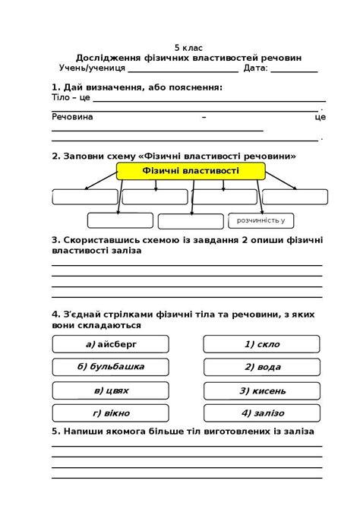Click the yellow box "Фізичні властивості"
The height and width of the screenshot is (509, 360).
190,171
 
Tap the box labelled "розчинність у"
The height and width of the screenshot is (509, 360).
261,220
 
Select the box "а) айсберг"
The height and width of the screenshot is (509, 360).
109,344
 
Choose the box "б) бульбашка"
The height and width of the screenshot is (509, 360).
109,367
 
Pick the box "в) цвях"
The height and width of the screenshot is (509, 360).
109,390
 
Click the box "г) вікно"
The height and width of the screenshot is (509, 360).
109,413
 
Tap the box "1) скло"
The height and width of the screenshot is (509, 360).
262,344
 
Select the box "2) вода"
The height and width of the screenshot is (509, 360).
262,367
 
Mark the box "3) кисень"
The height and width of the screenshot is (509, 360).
262,390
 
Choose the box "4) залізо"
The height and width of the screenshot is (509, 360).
262,413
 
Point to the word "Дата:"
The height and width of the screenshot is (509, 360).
256,68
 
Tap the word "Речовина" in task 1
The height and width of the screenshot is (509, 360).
72,117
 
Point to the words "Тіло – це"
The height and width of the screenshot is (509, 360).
71,98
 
